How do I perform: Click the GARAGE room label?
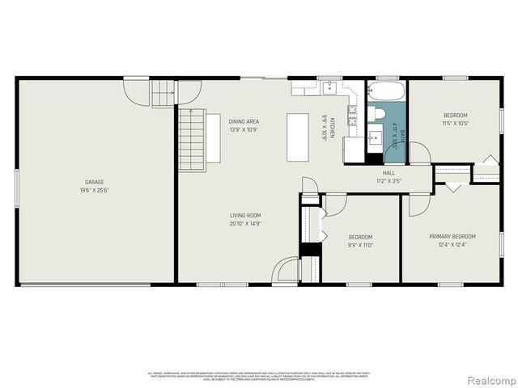(95, 182)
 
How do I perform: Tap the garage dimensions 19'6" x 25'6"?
(95, 192)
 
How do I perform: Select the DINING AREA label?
(244, 120)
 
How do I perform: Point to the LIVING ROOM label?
(244, 215)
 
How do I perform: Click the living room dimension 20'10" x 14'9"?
(244, 224)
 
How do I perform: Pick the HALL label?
(388, 173)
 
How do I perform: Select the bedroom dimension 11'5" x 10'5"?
(455, 124)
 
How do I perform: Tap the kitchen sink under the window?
(330, 87)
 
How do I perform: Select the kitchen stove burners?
(353, 117)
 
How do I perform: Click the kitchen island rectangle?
(298, 138)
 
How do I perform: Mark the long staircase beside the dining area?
(192, 139)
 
